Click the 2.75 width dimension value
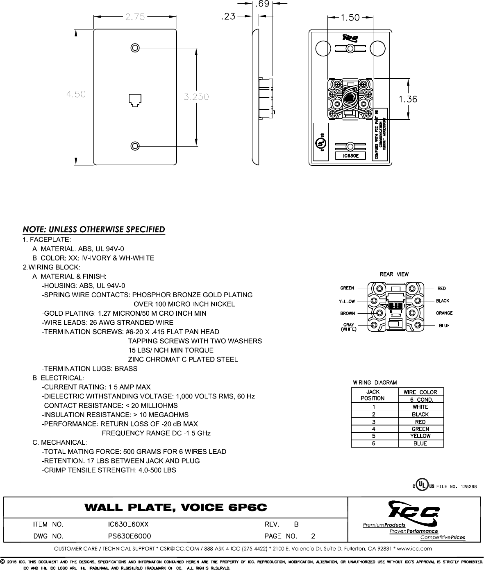(134, 17)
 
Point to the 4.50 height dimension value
(76, 95)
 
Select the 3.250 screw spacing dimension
(196, 97)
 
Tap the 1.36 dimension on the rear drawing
(408, 99)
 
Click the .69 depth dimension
(262, 5)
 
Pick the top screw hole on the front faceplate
(134, 47)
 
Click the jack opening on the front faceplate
(135, 100)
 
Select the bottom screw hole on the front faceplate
(134, 146)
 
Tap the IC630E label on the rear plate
(348, 156)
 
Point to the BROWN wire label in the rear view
(347, 314)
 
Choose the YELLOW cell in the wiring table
(420, 436)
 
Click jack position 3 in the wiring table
(374, 422)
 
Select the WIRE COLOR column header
(420, 392)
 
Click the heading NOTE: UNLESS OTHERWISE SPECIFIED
(94, 229)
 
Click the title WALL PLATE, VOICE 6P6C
(175, 508)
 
